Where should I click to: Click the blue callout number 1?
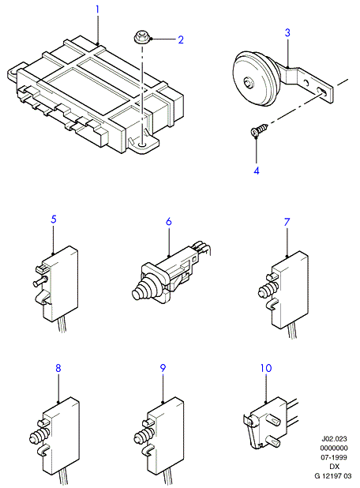[x=97, y=9]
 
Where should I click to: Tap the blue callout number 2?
[x=181, y=39]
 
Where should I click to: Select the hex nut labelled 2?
[x=141, y=38]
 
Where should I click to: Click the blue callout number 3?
[x=287, y=32]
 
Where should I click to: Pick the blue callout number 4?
[x=257, y=171]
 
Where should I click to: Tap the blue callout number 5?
[x=54, y=219]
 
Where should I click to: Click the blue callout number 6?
[x=169, y=222]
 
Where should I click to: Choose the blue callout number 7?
[x=287, y=222]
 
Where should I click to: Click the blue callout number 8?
[x=58, y=368]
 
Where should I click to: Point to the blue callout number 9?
[x=163, y=368]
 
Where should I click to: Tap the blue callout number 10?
[x=266, y=368]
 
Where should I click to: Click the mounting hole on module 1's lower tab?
[x=143, y=145]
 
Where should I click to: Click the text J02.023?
[x=334, y=438]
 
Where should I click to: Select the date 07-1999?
[x=334, y=457]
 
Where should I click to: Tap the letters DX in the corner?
[x=335, y=467]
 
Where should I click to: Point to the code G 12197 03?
[x=332, y=476]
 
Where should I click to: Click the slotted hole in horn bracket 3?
[x=322, y=91]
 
